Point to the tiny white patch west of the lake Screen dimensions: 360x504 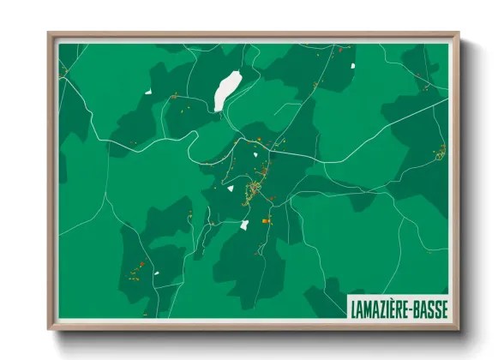(x=147, y=92)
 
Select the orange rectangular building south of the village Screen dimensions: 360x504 (x=265, y=220)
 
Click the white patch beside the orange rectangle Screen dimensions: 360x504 (x=244, y=225)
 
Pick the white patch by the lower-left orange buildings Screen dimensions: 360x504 (x=156, y=273)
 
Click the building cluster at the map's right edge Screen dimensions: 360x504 (x=441, y=153)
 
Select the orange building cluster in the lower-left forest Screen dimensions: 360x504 (x=134, y=270)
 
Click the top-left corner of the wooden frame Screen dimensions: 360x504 (x=50, y=34)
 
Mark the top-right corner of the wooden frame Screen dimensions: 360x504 (x=457, y=34)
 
